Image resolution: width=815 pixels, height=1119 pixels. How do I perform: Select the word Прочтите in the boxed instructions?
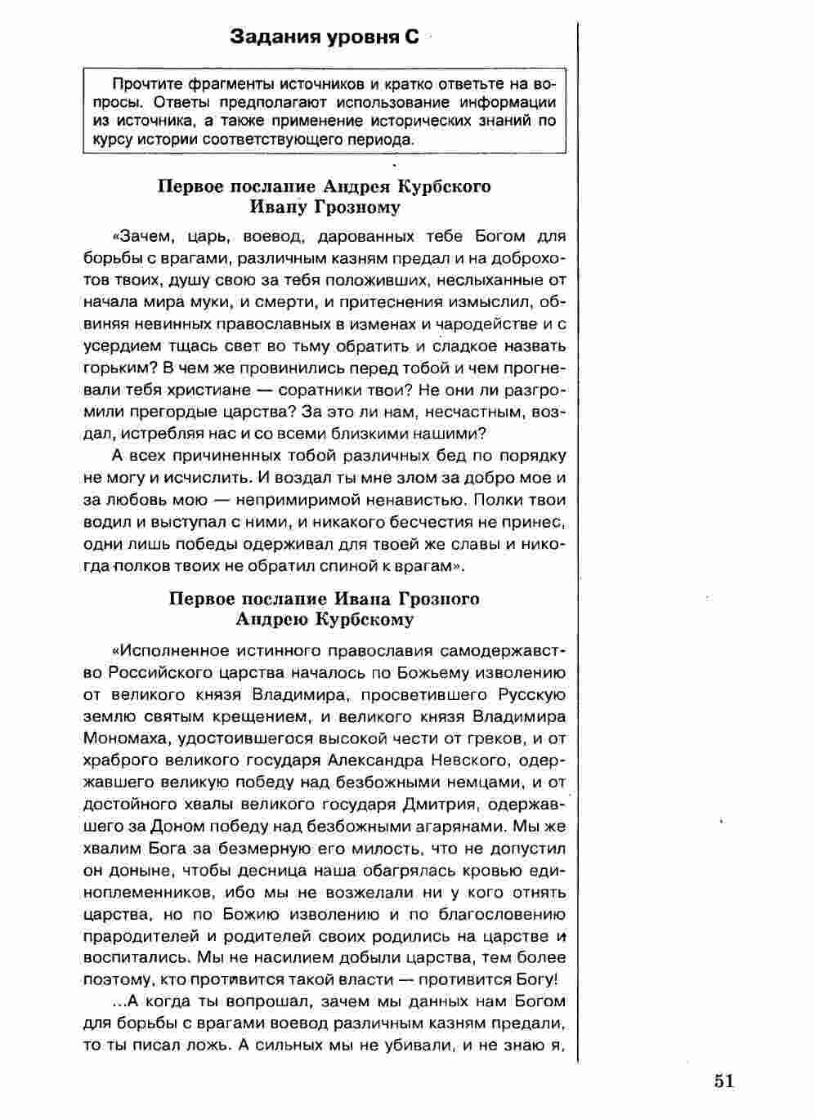[x=147, y=83]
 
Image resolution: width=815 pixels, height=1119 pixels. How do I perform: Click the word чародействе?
[x=483, y=323]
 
